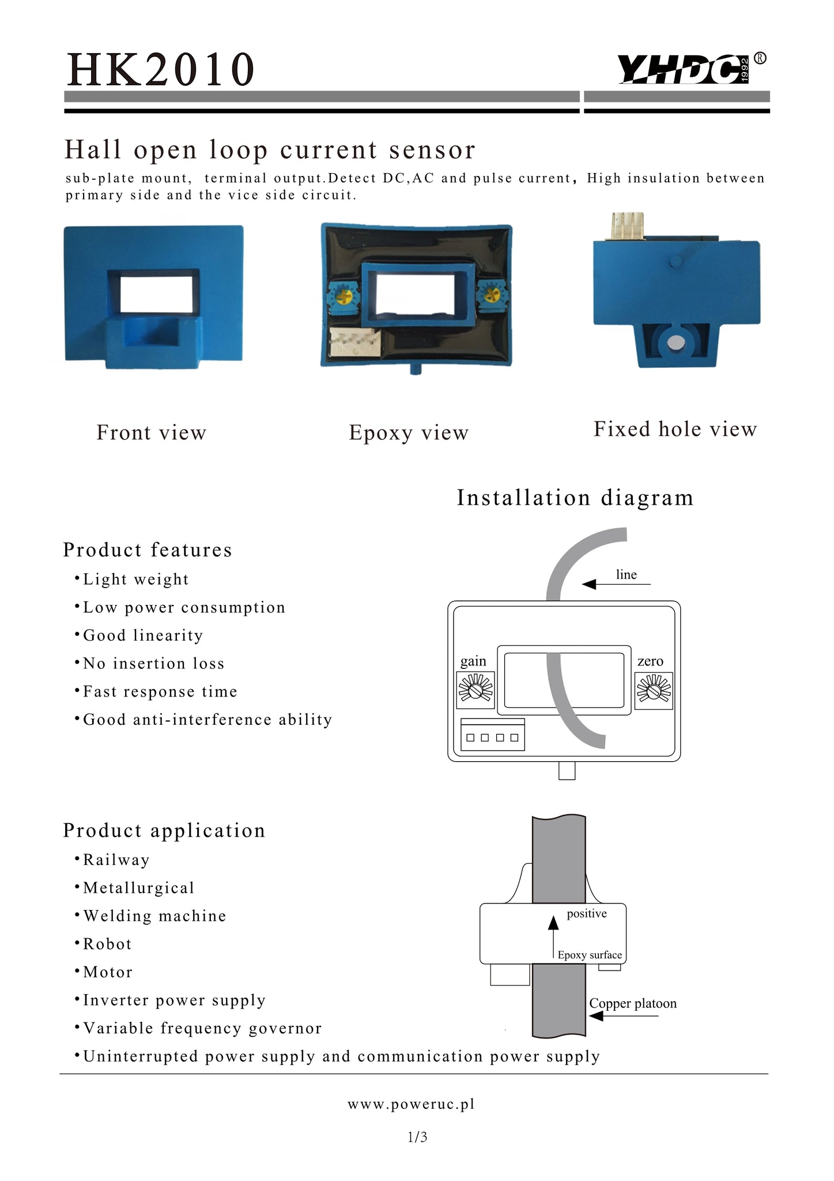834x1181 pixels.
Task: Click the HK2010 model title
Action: tap(160, 69)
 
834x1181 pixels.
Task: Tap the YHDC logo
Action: tap(692, 69)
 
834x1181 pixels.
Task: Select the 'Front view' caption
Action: tap(151, 432)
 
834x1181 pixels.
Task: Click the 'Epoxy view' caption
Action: tap(409, 433)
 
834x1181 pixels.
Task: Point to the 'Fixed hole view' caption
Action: tap(675, 429)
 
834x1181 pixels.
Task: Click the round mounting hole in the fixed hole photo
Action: tap(675, 343)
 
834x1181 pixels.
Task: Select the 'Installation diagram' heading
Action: tap(575, 498)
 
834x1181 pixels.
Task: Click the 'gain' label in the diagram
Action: tap(473, 661)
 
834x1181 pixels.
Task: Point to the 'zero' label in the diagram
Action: tap(650, 661)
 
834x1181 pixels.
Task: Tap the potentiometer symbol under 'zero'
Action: tap(654, 690)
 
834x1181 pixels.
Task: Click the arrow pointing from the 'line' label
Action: tap(616, 584)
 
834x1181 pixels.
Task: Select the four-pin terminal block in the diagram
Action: tap(493, 735)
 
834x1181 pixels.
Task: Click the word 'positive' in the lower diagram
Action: tap(587, 913)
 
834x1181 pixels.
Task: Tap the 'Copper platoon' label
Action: tap(633, 1003)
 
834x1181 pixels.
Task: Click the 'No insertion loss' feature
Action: tap(149, 663)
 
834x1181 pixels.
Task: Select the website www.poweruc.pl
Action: tap(411, 1104)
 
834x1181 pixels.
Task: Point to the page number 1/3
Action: tap(417, 1137)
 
